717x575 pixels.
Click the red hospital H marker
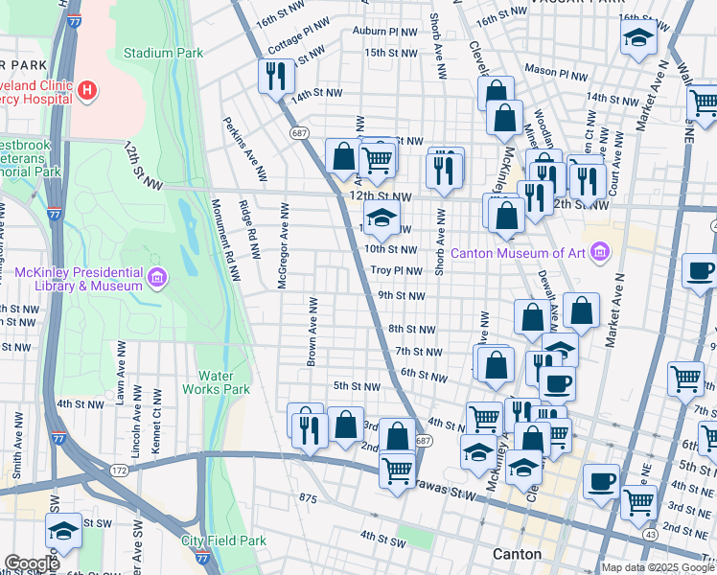87,91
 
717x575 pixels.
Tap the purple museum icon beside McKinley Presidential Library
158,279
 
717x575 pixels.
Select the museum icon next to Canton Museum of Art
601,253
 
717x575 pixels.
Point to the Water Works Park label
223,382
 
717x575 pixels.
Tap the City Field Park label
223,540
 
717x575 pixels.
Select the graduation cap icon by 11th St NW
382,218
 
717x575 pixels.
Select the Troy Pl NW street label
397,271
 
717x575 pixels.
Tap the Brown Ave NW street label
312,332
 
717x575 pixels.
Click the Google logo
32,563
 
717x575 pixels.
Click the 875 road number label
308,498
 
